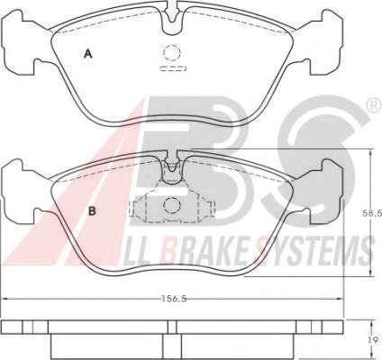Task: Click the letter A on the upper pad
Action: (x=87, y=54)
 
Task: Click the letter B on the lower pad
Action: (x=92, y=211)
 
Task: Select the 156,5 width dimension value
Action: (x=174, y=299)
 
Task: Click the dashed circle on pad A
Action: (x=172, y=53)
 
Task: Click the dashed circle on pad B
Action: (x=172, y=205)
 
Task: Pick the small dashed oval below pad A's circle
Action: (x=174, y=68)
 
